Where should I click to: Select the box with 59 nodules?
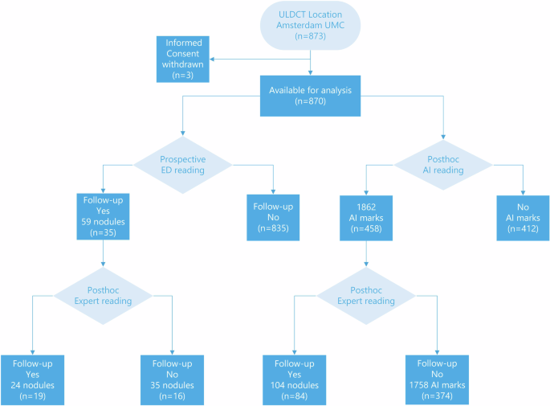point(102,215)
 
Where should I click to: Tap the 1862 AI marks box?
point(366,215)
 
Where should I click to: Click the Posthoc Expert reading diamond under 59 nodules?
point(103,295)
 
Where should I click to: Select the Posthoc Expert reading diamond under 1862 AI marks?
point(366,295)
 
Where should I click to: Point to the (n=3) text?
point(184,74)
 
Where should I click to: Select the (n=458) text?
point(366,231)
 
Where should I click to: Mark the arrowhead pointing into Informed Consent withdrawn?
point(214,58)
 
